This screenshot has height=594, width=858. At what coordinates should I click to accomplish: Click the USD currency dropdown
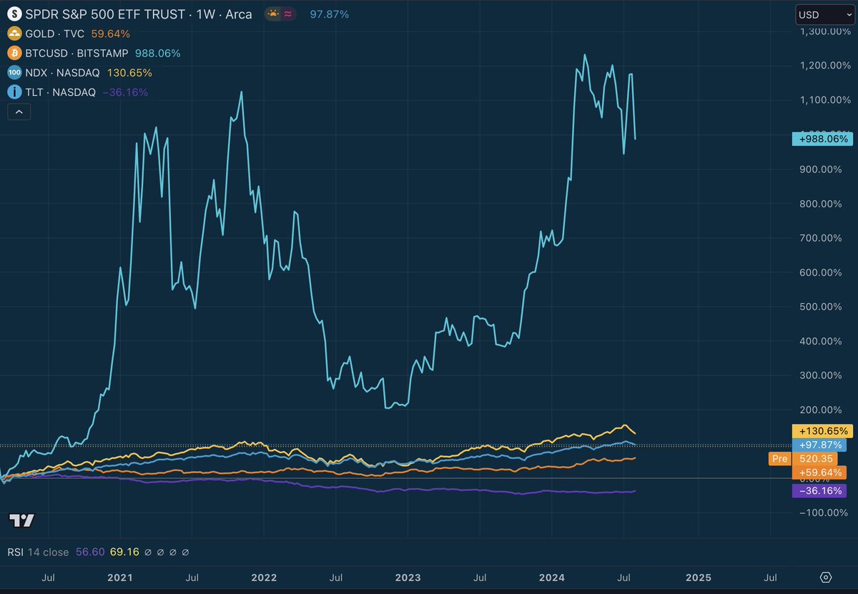click(x=824, y=14)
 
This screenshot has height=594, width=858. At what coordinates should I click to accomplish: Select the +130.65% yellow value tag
click(x=822, y=431)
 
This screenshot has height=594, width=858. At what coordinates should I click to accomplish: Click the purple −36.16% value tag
click(x=819, y=491)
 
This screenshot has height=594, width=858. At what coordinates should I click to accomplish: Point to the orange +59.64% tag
click(x=819, y=472)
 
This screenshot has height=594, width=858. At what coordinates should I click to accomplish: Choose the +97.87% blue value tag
click(x=819, y=445)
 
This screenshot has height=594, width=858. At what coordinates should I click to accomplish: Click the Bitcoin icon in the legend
click(x=14, y=53)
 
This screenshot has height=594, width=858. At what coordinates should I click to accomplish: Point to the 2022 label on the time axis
click(x=264, y=577)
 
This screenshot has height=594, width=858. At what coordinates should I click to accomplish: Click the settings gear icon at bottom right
click(x=826, y=577)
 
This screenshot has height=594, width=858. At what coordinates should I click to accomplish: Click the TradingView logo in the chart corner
click(x=21, y=520)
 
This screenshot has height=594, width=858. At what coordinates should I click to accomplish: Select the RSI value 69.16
click(x=130, y=552)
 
